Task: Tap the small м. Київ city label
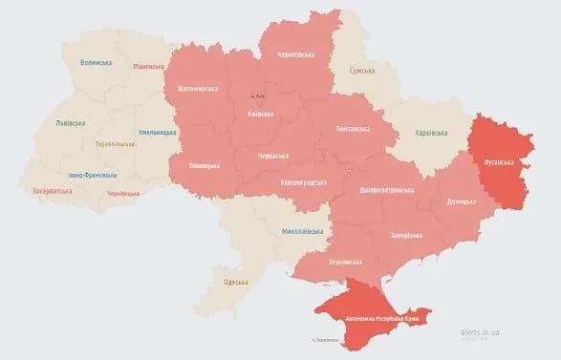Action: click(257, 95)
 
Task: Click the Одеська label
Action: click(235, 282)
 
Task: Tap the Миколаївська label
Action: click(303, 231)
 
